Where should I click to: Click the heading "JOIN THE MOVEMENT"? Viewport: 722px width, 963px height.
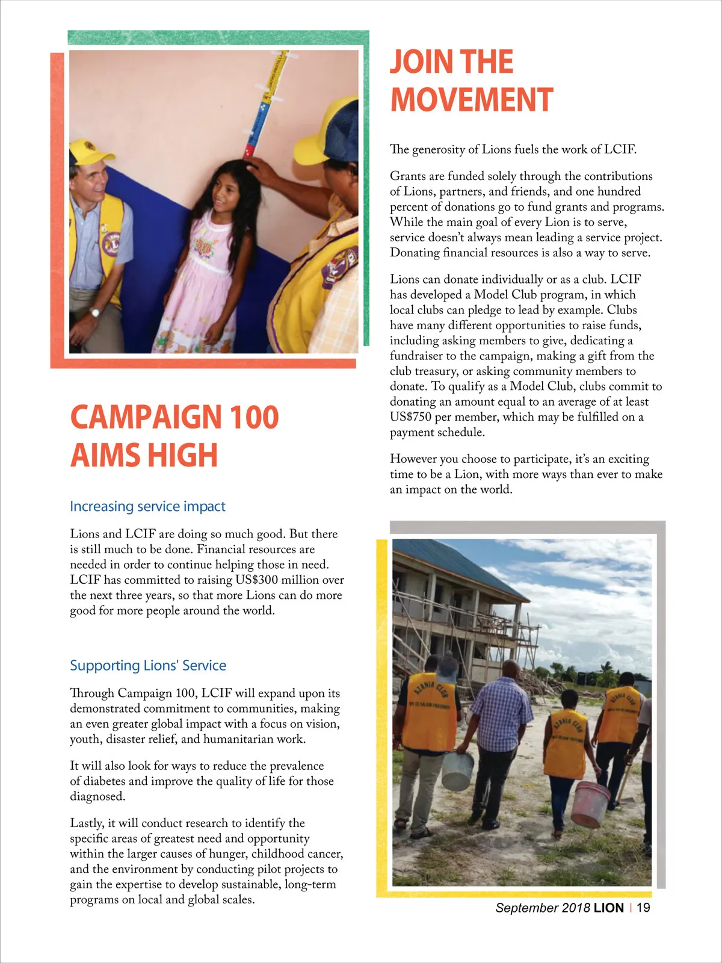471,81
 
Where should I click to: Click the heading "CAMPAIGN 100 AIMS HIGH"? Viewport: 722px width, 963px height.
174,436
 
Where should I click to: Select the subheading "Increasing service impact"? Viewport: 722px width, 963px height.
147,506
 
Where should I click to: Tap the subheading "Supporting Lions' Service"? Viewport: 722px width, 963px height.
148,665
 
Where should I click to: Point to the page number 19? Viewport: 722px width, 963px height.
643,908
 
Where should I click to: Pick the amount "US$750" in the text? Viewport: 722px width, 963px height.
411,417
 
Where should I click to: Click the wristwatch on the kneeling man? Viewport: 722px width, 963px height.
94,312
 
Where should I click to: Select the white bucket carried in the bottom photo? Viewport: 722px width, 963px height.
457,770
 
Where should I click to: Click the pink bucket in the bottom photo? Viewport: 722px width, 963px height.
590,804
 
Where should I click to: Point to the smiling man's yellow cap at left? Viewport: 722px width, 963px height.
90,150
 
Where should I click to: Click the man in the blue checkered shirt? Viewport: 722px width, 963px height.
502,722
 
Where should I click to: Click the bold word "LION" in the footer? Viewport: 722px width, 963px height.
608,908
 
